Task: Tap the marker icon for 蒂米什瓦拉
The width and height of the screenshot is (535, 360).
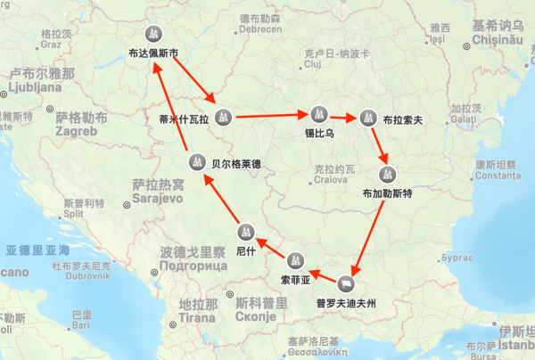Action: [224, 115]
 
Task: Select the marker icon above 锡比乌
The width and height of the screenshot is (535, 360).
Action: [318, 114]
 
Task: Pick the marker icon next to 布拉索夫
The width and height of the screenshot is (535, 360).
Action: [368, 117]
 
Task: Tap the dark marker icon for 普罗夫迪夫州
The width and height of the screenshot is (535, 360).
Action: [345, 284]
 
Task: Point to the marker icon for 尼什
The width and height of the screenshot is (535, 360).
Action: [246, 233]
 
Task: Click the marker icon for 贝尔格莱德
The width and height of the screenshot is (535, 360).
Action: [198, 162]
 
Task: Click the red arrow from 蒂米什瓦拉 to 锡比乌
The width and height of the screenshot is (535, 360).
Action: [271, 115]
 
